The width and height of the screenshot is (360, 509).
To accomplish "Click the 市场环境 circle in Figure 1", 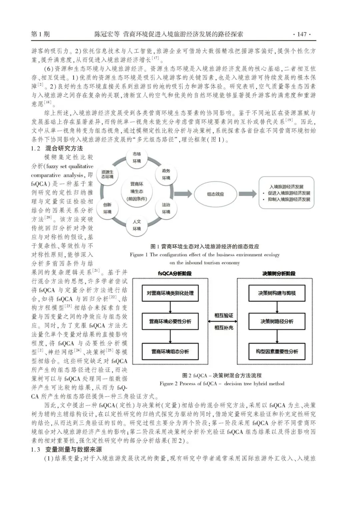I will click(137, 158).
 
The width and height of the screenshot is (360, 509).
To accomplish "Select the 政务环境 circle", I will click(166, 174).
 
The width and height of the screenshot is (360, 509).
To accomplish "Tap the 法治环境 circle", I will click(166, 208).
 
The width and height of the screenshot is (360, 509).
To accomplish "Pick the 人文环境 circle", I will click(137, 225).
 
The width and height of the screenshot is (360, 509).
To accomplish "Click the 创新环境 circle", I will click(107, 208).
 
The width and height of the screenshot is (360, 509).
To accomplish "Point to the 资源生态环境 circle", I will click(107, 174).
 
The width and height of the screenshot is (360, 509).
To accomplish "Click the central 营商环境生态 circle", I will click(137, 191).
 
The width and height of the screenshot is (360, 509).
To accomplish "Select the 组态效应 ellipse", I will click(215, 194).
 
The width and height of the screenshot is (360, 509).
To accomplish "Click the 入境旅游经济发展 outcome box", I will click(286, 193).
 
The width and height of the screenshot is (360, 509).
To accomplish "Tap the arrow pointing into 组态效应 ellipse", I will click(183, 194).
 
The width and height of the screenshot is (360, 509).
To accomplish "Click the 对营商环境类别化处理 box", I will click(170, 293).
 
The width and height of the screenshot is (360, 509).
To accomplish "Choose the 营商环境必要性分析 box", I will click(170, 322).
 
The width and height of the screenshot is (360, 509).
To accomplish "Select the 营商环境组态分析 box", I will click(170, 351).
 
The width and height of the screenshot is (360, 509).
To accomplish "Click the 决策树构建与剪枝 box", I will click(277, 293).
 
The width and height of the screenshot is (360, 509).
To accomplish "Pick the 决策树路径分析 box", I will click(277, 322).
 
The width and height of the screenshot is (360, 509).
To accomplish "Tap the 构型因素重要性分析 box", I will click(277, 351).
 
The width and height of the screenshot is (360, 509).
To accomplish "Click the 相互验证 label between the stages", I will click(224, 315).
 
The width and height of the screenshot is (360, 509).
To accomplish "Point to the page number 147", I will click(301, 34).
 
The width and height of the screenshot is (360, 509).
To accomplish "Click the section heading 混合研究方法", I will click(64, 148).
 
